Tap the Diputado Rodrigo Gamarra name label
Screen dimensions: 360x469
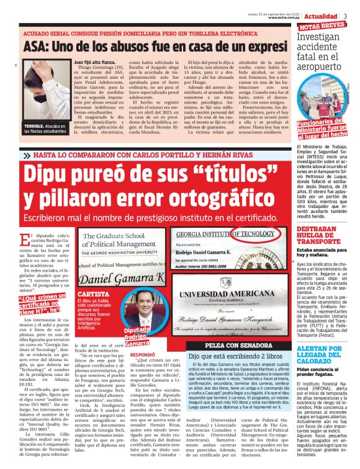point(148,334)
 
